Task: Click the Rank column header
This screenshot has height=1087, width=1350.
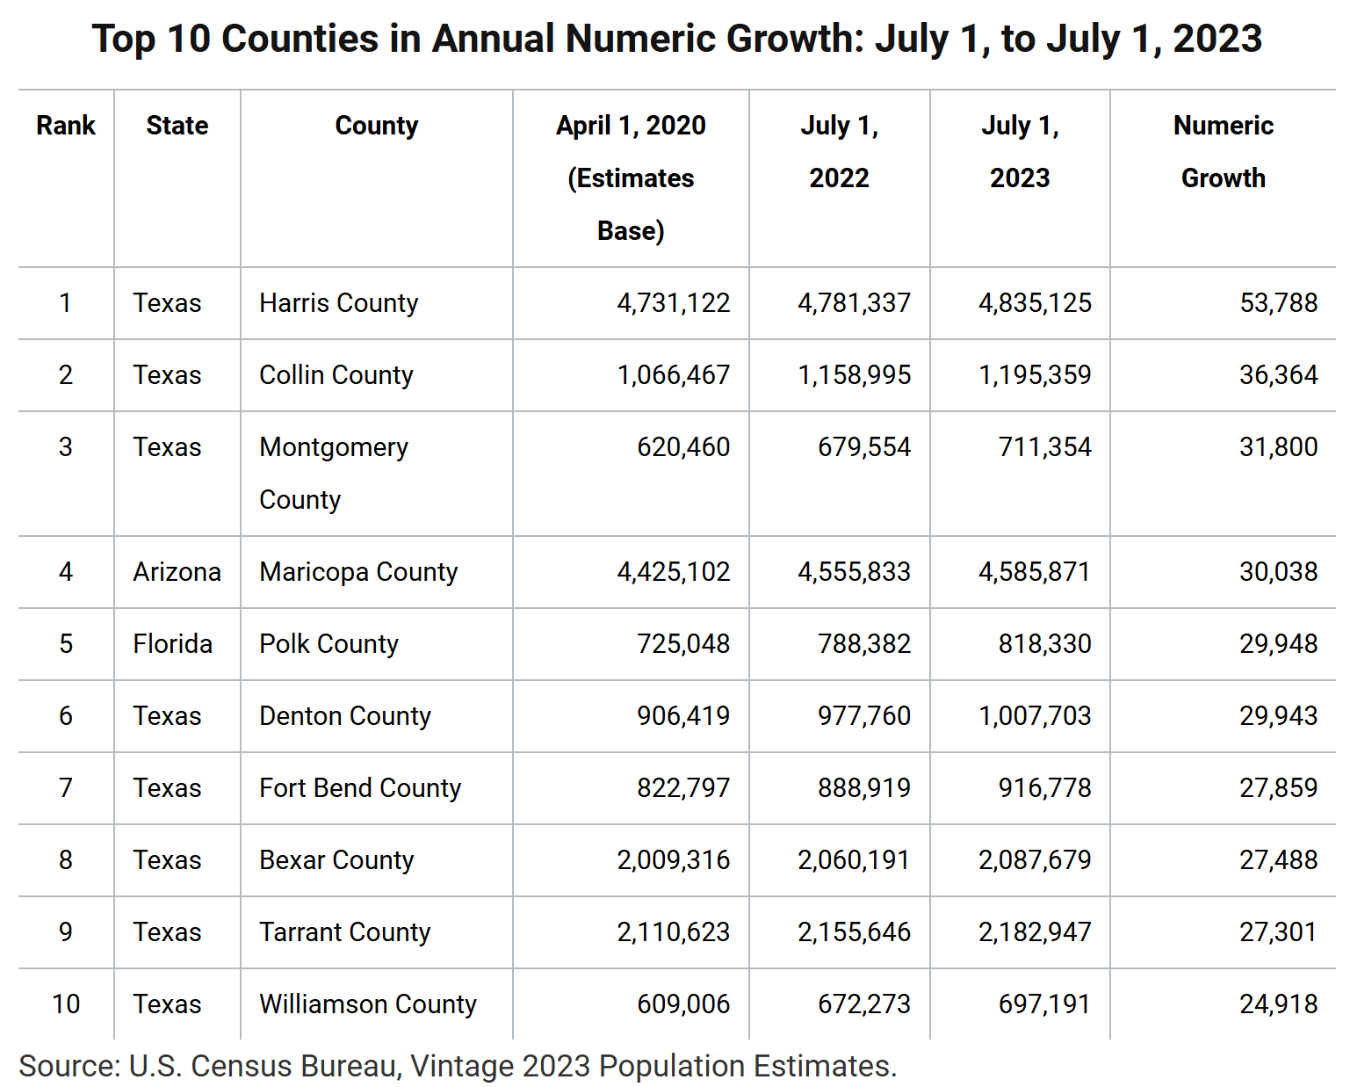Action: click(x=66, y=126)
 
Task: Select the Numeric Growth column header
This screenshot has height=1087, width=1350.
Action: click(x=1223, y=152)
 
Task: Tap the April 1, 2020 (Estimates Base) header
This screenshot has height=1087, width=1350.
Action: click(x=631, y=178)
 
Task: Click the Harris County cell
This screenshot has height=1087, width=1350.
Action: click(x=338, y=303)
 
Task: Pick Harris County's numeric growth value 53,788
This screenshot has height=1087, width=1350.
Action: click(x=1278, y=303)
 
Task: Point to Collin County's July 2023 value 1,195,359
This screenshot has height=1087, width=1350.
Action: click(x=1035, y=375)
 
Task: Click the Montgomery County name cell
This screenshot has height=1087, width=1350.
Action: click(x=334, y=473)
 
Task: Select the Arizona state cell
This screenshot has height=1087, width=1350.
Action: click(x=177, y=572)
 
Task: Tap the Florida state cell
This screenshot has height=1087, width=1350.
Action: click(x=172, y=644)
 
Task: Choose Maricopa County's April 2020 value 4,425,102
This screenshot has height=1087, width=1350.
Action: click(x=673, y=572)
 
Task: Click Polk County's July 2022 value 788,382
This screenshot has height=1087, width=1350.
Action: click(x=863, y=644)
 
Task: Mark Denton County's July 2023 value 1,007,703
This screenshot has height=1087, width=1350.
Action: click(x=1035, y=716)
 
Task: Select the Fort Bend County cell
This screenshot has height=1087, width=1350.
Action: click(x=359, y=788)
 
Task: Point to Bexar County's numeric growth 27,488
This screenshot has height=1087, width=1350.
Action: click(x=1278, y=860)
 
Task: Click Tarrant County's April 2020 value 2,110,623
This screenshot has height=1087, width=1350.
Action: click(x=673, y=932)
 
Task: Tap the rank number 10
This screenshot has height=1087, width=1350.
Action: click(x=66, y=1004)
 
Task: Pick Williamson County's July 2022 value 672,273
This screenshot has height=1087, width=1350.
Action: click(x=863, y=1004)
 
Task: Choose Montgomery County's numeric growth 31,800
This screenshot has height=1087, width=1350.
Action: click(x=1278, y=447)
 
